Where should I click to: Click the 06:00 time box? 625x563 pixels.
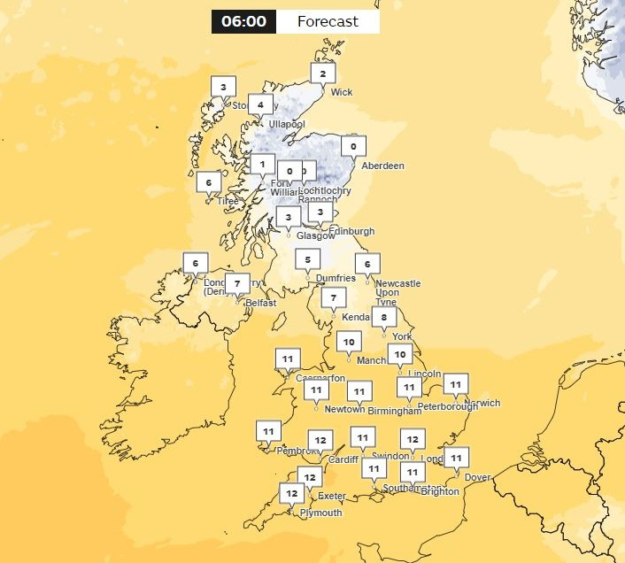[243, 21]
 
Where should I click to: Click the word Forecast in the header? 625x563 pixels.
[328, 21]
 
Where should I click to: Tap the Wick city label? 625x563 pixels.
[341, 92]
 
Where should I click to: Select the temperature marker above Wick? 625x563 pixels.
[323, 74]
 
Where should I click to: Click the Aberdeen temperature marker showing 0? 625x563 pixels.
[353, 146]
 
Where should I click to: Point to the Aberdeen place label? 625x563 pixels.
[383, 166]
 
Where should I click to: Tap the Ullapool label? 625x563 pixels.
[286, 124]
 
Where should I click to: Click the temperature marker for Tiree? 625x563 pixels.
[209, 183]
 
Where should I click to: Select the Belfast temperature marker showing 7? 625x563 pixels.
[237, 284]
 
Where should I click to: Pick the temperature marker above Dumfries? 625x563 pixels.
[307, 259]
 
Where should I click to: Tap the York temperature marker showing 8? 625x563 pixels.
[384, 317]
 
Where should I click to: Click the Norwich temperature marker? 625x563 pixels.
[455, 384]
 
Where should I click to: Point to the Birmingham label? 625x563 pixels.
[396, 411]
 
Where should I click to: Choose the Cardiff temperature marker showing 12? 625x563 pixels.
[320, 440]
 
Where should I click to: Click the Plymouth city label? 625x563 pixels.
[320, 513]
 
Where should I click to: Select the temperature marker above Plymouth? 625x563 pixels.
[291, 493]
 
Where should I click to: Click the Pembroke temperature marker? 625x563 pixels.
[267, 431]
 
